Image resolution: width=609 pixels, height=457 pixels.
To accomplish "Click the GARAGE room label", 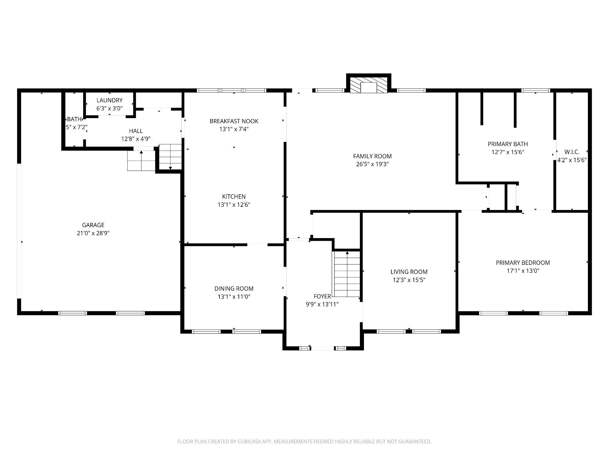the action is click(93, 225).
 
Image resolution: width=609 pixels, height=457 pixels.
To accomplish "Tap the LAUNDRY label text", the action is click(109, 101).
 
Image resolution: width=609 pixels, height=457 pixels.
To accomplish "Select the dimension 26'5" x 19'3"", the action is click(372, 164).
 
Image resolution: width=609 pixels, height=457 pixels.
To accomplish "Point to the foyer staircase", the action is click(347, 274).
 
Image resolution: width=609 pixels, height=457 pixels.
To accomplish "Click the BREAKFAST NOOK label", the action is click(234, 121).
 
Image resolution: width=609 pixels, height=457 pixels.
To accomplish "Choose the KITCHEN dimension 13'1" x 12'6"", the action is click(234, 205).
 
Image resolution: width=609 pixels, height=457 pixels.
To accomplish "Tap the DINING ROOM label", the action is click(234, 289).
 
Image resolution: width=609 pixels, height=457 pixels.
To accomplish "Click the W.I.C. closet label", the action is click(572, 152).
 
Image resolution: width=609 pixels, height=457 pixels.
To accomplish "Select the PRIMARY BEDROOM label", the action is click(523, 263).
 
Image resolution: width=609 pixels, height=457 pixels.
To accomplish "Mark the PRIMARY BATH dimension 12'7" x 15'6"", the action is click(508, 152).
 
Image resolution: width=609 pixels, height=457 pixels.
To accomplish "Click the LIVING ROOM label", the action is click(409, 272).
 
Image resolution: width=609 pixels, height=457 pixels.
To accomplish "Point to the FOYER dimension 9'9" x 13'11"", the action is click(322, 304).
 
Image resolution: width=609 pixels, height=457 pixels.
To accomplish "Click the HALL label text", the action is click(136, 131).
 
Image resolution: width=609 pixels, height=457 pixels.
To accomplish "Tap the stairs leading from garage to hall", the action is click(141, 161).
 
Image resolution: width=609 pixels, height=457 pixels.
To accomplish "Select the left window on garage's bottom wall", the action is click(73, 313).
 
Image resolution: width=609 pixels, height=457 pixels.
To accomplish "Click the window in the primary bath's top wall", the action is click(536, 90).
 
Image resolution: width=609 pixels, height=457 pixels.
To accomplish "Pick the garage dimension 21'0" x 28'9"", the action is click(93, 233).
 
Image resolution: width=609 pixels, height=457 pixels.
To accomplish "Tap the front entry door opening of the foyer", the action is click(322, 348).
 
